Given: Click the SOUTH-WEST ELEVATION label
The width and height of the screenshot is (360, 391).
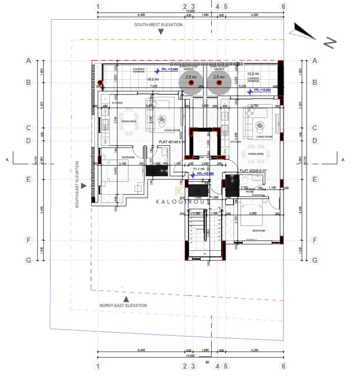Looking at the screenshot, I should click(x=158, y=24).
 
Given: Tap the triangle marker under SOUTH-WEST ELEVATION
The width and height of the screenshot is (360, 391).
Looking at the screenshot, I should click(x=161, y=32).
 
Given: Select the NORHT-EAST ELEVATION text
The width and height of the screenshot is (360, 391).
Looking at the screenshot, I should click(x=123, y=305).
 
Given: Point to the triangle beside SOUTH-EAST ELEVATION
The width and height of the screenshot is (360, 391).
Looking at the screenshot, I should click(x=83, y=186).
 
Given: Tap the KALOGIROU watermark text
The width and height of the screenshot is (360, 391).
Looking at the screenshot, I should click(x=180, y=202).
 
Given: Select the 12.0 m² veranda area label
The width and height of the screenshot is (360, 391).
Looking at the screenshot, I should click(x=254, y=74).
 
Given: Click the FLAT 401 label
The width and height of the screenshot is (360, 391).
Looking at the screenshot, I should click(x=171, y=141).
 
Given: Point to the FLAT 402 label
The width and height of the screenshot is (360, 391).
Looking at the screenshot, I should click(x=253, y=171).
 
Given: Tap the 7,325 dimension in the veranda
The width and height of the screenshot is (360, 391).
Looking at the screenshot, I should click(x=153, y=86).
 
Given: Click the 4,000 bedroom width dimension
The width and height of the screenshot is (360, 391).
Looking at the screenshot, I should click(x=253, y=214).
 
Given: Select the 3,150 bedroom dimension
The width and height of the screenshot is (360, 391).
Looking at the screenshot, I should click(x=123, y=163).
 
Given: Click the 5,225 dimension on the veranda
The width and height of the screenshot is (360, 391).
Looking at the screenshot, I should click(x=242, y=86).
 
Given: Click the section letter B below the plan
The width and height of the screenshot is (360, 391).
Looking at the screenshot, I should click(x=207, y=362).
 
